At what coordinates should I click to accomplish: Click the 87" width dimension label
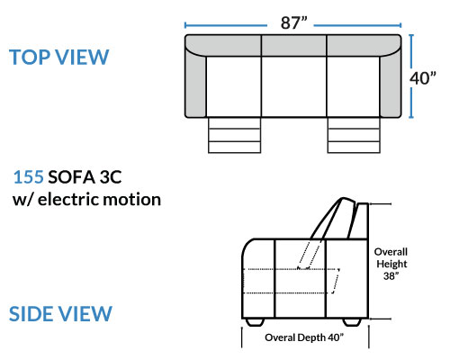(x=294, y=22)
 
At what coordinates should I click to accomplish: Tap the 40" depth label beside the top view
(x=423, y=78)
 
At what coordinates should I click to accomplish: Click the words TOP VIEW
(x=59, y=57)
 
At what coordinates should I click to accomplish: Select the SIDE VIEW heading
(x=60, y=314)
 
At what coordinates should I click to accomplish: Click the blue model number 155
(x=29, y=177)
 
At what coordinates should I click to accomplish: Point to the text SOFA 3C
(x=85, y=177)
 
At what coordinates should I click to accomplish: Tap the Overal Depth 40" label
(x=304, y=337)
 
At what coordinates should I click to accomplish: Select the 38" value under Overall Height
(x=391, y=275)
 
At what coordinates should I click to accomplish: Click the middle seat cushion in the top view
(x=294, y=86)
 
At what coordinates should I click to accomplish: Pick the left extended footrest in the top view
(x=234, y=135)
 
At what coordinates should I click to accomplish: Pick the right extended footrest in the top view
(x=354, y=135)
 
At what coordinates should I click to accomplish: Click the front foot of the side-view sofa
(x=255, y=322)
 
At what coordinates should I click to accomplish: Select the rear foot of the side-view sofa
(x=352, y=322)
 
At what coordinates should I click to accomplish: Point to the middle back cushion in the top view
(x=294, y=46)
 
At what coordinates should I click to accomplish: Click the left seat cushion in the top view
(x=234, y=86)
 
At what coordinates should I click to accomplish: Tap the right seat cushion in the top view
(x=353, y=86)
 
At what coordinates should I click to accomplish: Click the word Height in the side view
(x=391, y=264)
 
